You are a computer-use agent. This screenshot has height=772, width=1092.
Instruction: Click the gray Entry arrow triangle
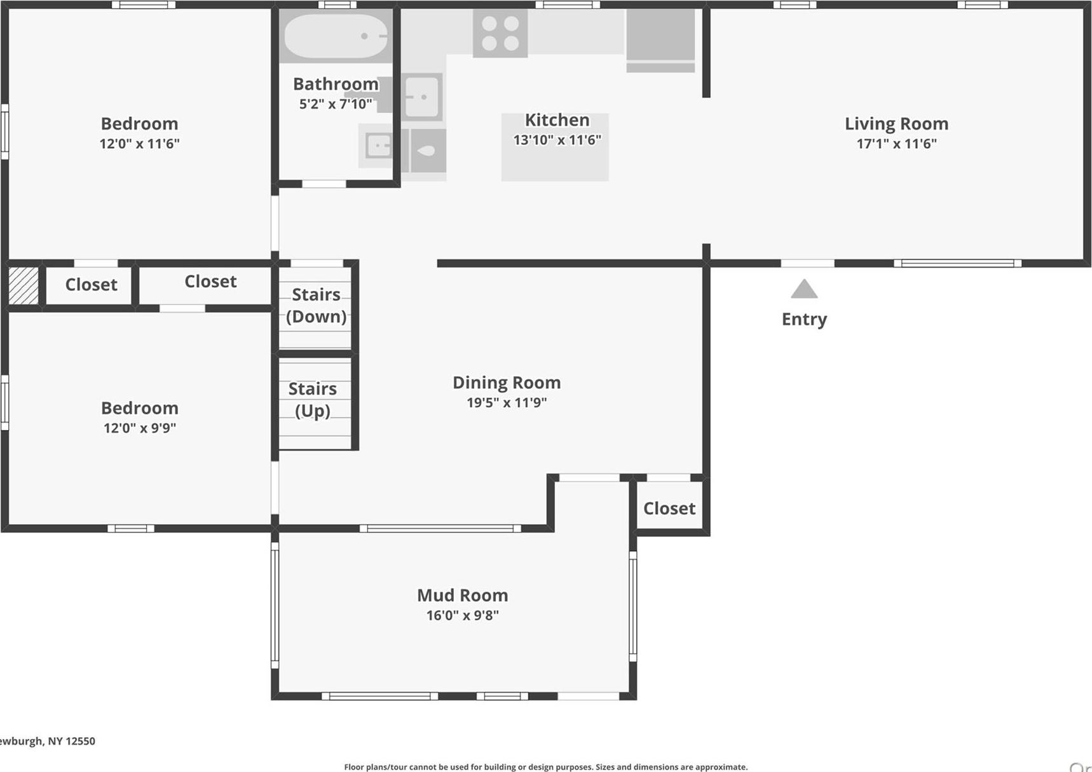(804, 290)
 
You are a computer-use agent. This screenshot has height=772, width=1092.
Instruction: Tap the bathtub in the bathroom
(336, 36)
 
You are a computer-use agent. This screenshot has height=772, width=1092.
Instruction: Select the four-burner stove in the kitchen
(500, 33)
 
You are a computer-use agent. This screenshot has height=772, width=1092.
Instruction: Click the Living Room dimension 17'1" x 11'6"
(896, 144)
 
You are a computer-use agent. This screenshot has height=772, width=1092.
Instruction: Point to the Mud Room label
(462, 595)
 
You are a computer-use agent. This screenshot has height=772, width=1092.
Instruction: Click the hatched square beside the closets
(24, 285)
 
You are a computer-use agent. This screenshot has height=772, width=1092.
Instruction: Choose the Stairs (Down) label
(316, 306)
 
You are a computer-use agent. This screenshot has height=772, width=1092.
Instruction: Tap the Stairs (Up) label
(313, 400)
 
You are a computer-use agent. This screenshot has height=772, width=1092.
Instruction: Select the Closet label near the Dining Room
(669, 508)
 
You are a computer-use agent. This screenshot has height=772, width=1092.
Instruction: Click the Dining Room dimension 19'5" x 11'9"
(507, 402)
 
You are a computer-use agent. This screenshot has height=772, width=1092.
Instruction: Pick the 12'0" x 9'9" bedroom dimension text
(139, 428)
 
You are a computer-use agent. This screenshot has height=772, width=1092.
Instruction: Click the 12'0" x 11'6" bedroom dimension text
(139, 144)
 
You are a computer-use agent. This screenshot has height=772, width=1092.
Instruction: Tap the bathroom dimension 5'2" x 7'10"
(336, 104)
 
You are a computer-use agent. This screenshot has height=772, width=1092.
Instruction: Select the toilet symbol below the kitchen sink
(427, 151)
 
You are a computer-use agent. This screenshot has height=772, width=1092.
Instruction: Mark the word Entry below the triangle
(804, 319)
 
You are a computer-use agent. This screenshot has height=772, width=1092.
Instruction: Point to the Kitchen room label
(557, 120)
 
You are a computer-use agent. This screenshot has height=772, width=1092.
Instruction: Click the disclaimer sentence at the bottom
(545, 767)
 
